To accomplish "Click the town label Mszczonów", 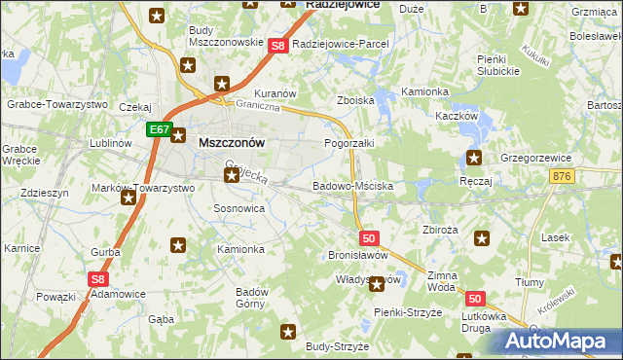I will (x=232, y=141).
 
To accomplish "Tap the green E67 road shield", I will (x=160, y=128).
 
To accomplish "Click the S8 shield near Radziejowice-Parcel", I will (x=277, y=45).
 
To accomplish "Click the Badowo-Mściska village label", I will (x=352, y=185).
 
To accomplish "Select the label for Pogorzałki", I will (x=348, y=143).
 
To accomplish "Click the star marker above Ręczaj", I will (x=474, y=159).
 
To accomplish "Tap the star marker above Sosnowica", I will (x=231, y=175).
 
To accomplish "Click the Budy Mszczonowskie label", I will (x=226, y=36).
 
